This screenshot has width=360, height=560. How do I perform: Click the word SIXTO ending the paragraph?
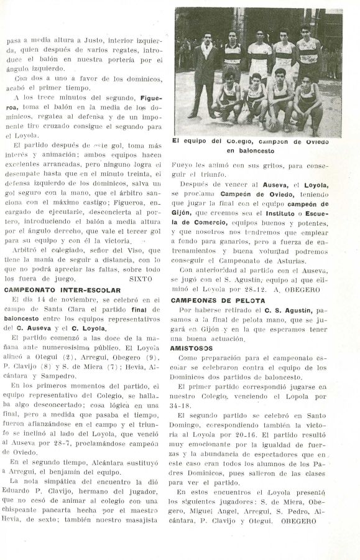coord(141,279)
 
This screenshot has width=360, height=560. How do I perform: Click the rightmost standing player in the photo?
coord(308,56)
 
